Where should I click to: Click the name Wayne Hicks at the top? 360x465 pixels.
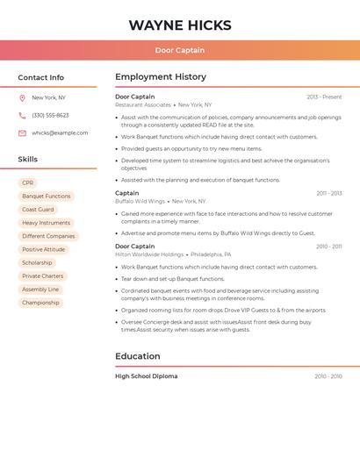pos(180,25)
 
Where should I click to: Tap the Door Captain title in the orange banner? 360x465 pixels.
pos(180,50)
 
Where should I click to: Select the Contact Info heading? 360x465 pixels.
pos(41,77)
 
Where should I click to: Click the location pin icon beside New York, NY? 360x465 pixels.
pos(22,97)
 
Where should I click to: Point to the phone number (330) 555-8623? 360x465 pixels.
pos(50,115)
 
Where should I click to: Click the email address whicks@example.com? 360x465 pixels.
pos(60,132)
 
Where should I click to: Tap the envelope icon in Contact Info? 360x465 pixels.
pos(22,133)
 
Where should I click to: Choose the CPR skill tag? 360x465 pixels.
pos(28,182)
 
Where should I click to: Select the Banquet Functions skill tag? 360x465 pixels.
pos(46,197)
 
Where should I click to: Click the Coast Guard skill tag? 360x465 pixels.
pos(38,210)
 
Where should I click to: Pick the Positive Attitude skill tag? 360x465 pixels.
pos(44,249)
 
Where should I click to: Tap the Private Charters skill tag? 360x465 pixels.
pos(43,276)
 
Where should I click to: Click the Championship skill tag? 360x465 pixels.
pos(40,303)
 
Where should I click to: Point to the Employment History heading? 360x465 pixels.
pos(161,77)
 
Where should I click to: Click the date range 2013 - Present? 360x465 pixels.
pos(324,97)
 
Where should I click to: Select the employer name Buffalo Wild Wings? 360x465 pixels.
pos(140,201)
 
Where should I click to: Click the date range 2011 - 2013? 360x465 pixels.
pos(329,193)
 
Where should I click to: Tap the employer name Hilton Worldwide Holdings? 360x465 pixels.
pos(149,254)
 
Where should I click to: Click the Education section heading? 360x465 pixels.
pos(138,356)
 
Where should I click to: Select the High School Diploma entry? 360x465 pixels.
pos(146,376)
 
